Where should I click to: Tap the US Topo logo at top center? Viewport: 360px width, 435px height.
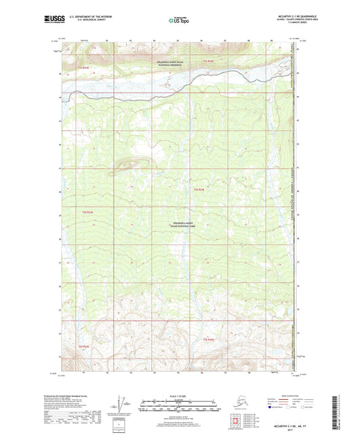click(179, 20)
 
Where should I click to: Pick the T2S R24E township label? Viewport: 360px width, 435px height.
click(199, 190)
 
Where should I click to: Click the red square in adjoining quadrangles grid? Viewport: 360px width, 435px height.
click(236, 423)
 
